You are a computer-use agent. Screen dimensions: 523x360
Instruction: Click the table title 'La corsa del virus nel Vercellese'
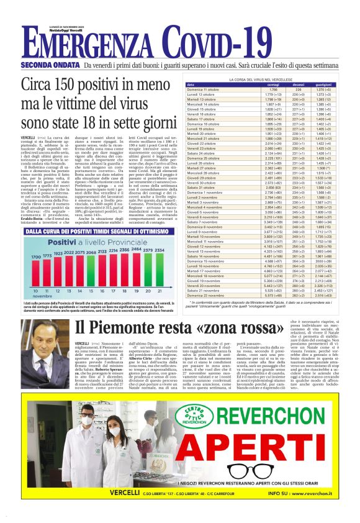pyautogui.click(x=268, y=80)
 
